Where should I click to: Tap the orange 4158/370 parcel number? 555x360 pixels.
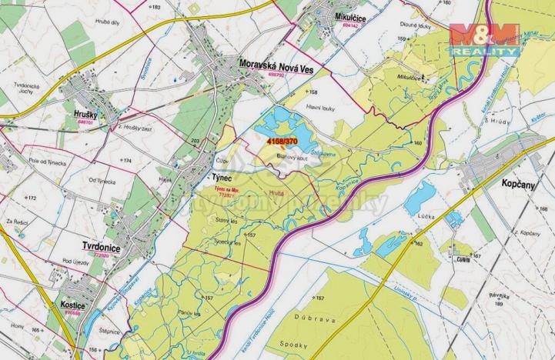coord(282,142)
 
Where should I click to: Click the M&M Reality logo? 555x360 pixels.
coord(483,38)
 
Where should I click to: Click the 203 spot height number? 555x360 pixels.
coord(195,142)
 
